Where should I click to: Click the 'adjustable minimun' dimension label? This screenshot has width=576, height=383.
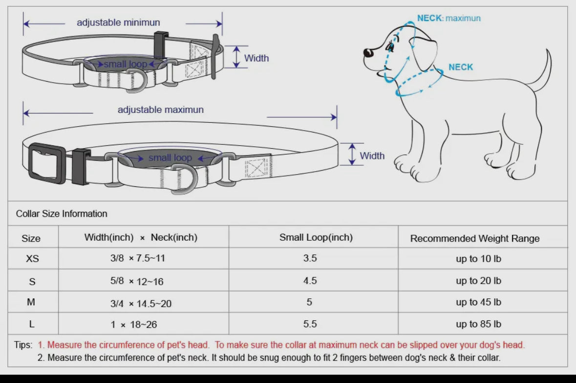[118, 23]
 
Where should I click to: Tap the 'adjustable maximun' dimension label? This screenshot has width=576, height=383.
[161, 110]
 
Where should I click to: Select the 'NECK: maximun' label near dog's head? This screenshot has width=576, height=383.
[448, 18]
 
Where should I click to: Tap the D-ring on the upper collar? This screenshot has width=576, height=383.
[135, 81]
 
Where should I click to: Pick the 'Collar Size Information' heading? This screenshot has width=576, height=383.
[62, 214]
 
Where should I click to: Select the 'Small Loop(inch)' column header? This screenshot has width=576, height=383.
[316, 237]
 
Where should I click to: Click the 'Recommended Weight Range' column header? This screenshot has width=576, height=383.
[475, 238]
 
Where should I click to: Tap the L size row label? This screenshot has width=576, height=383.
[31, 324]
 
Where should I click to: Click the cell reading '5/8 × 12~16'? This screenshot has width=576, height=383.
[137, 281]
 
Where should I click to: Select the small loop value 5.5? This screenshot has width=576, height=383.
[310, 324]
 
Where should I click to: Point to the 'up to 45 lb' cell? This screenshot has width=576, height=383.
[478, 302]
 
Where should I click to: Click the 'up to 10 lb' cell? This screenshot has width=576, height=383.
[478, 259]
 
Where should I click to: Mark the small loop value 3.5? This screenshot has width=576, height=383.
[310, 258]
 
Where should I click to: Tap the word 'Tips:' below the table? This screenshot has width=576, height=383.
[23, 345]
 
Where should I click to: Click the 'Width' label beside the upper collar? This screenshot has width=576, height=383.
[256, 58]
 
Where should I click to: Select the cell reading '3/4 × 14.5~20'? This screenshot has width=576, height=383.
[141, 303]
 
